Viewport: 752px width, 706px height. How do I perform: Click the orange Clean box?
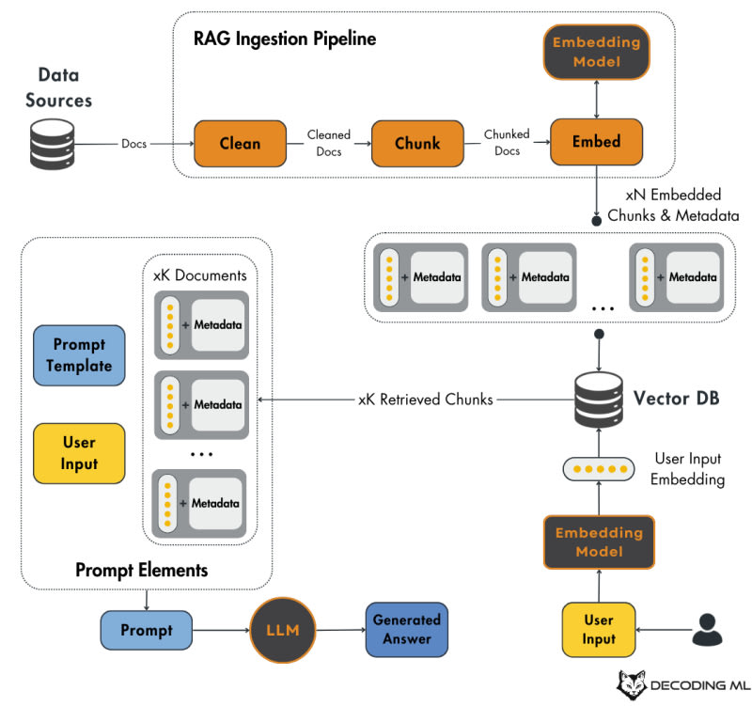pyautogui.click(x=240, y=144)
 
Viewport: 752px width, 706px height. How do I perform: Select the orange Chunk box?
pyautogui.click(x=417, y=144)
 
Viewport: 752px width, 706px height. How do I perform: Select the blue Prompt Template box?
pyautogui.click(x=79, y=355)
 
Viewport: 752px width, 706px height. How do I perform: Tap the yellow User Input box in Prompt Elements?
pyautogui.click(x=79, y=453)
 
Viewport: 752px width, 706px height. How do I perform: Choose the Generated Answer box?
pyautogui.click(x=406, y=630)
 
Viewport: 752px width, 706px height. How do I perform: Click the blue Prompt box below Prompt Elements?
pyautogui.click(x=146, y=630)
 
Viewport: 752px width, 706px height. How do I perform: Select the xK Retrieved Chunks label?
pyautogui.click(x=426, y=400)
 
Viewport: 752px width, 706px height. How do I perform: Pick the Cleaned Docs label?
pyautogui.click(x=329, y=143)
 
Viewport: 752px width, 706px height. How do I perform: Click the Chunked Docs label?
pyautogui.click(x=507, y=143)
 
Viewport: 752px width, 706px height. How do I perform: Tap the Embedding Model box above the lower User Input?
pyautogui.click(x=599, y=541)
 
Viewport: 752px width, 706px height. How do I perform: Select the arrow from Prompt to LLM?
pyautogui.click(x=220, y=630)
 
